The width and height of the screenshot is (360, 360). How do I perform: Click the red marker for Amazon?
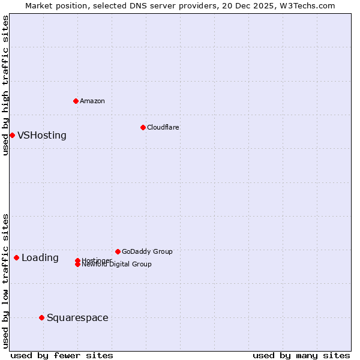(x=76, y=101)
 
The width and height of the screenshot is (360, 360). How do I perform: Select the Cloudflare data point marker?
(x=143, y=127)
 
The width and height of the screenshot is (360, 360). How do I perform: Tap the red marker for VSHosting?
(x=12, y=135)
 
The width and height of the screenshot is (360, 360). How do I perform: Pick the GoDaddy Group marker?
(x=118, y=251)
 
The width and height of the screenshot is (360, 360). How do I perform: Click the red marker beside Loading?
(x=16, y=257)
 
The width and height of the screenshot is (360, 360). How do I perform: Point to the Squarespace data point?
(x=41, y=317)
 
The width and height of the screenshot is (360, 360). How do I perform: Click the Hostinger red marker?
(x=77, y=260)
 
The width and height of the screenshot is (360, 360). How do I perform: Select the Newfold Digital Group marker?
(x=77, y=264)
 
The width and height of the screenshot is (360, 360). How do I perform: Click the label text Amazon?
(x=92, y=101)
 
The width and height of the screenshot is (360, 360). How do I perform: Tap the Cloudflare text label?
(x=163, y=127)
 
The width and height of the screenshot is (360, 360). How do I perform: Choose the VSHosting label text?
(x=42, y=136)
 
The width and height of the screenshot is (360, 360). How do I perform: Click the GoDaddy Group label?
(x=147, y=251)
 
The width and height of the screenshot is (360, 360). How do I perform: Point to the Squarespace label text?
(x=77, y=318)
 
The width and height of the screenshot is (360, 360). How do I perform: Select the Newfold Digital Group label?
(x=116, y=265)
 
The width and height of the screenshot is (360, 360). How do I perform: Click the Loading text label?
(x=40, y=258)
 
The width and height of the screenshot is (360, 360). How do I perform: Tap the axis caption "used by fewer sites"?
(x=62, y=355)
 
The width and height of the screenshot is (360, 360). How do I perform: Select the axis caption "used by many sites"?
(x=301, y=355)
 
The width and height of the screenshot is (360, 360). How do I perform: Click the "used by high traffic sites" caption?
(x=5, y=85)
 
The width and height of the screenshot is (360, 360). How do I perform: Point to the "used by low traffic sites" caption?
(x=5, y=281)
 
